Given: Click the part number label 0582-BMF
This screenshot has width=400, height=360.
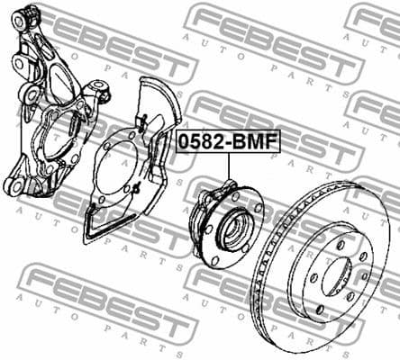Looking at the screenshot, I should coord(228,141).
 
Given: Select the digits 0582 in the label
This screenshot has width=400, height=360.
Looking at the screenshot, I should coord(204,141).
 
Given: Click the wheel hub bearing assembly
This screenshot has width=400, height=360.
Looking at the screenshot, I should coord(224,224).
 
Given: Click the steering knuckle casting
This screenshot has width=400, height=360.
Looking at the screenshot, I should coord(54,108).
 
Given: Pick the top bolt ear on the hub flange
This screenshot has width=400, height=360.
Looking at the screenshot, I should coord(225,187).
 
